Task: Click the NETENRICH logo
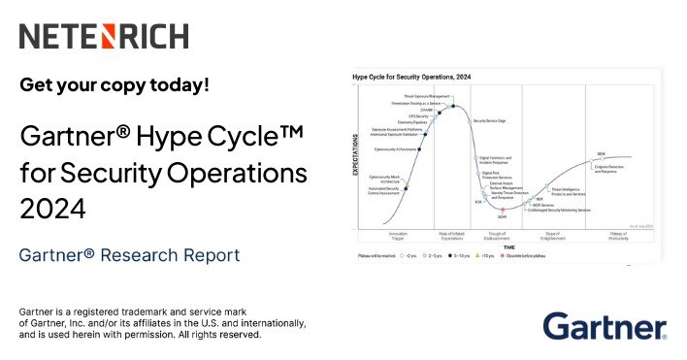(x=104, y=37)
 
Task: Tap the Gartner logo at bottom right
(x=605, y=327)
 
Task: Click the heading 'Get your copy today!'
(x=114, y=84)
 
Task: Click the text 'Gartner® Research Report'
(x=129, y=255)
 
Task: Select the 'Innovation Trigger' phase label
(x=399, y=235)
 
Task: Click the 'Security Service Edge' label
(x=489, y=121)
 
